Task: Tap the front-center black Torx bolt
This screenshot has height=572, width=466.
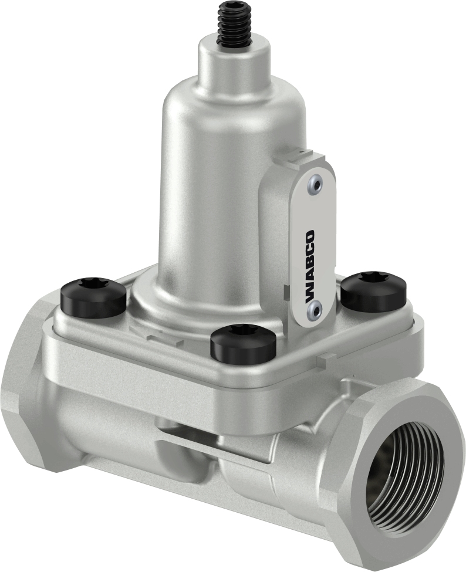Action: (x=244, y=343)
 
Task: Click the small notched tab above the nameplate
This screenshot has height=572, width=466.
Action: (x=302, y=157)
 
